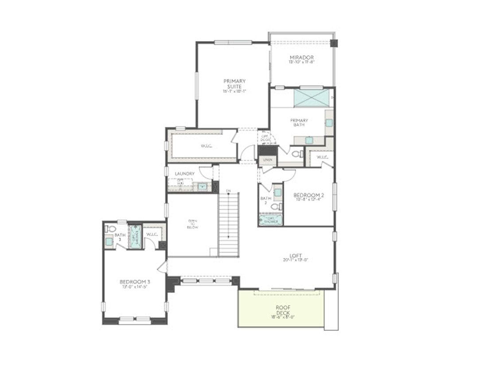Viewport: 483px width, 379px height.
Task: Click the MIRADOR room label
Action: (x=302, y=58)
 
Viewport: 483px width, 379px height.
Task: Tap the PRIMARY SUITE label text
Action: (x=234, y=83)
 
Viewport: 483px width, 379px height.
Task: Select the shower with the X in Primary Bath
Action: (x=312, y=98)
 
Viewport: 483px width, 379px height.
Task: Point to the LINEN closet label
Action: (x=268, y=159)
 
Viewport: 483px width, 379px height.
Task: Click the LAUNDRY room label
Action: (x=184, y=174)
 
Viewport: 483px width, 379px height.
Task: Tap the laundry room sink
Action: (x=203, y=187)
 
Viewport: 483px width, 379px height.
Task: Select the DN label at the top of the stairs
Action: (x=228, y=191)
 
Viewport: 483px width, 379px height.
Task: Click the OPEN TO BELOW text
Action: (x=193, y=224)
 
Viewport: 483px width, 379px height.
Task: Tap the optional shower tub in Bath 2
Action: (x=271, y=220)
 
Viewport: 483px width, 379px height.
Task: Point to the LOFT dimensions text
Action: (x=296, y=260)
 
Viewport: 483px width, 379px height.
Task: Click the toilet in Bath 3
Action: (x=111, y=229)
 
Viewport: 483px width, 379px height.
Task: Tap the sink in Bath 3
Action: (x=109, y=242)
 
